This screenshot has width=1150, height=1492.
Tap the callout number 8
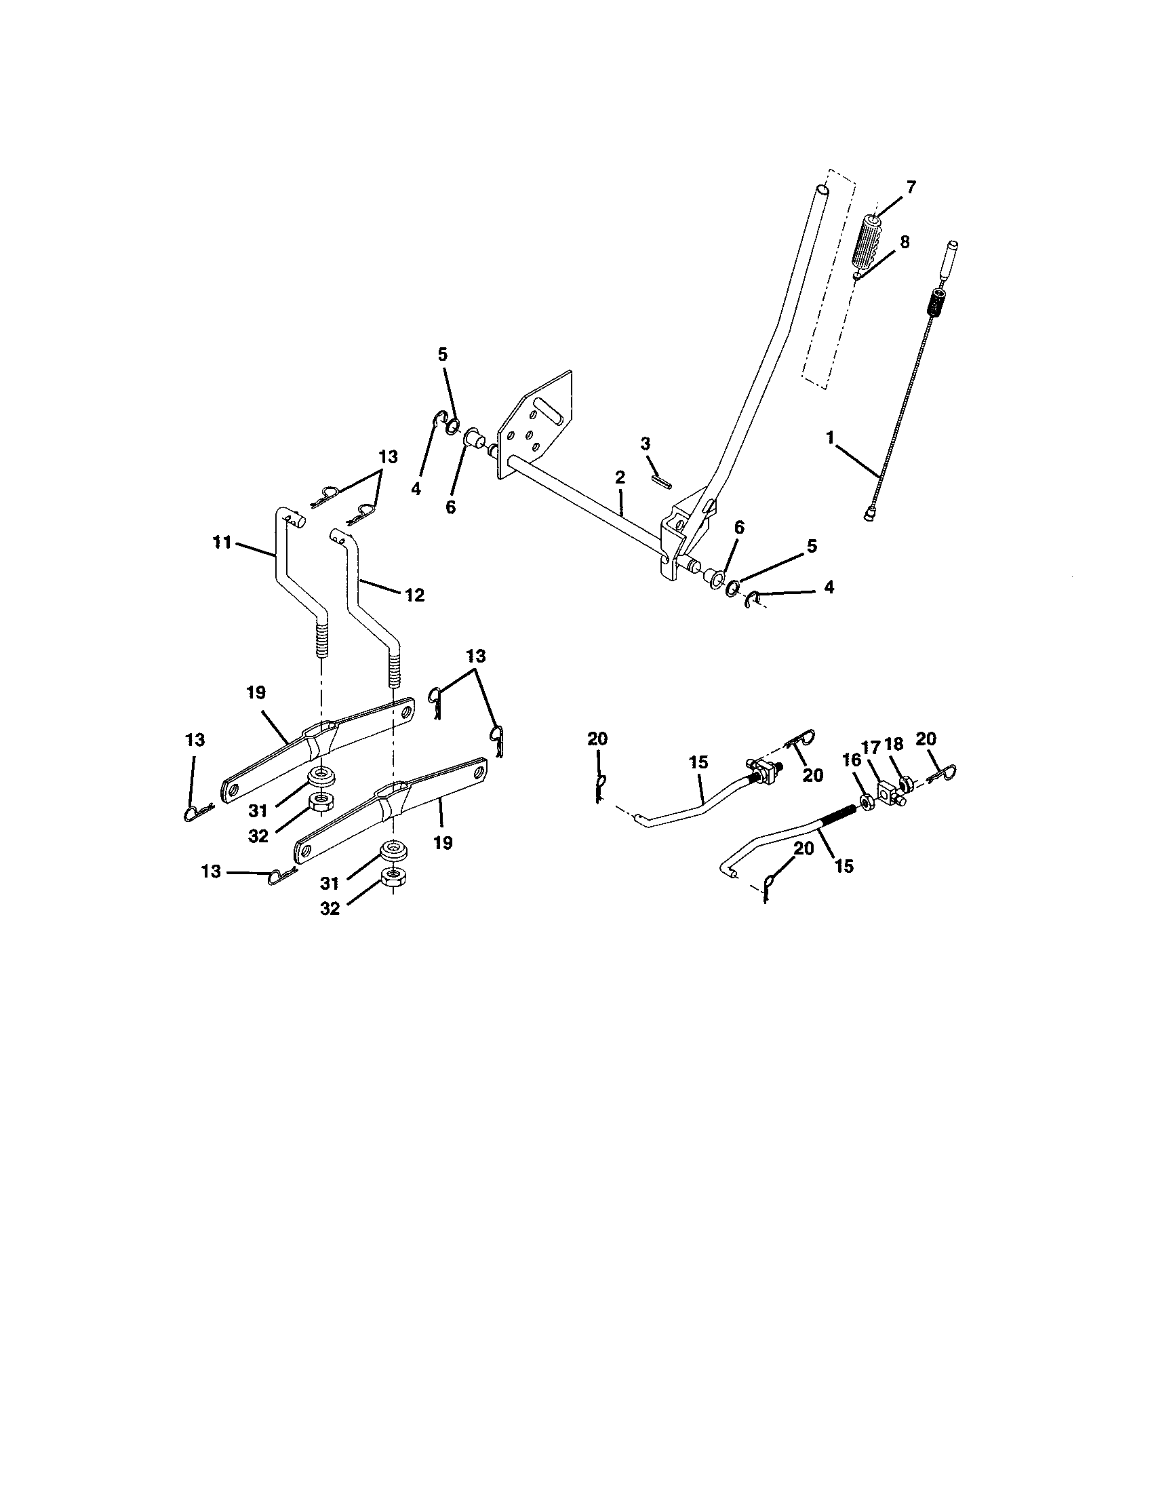905,242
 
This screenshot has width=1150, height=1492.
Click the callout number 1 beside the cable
831,438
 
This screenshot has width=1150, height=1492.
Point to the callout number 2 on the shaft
619,477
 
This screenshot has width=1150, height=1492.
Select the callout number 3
646,444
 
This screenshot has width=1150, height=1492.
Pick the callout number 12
414,595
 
